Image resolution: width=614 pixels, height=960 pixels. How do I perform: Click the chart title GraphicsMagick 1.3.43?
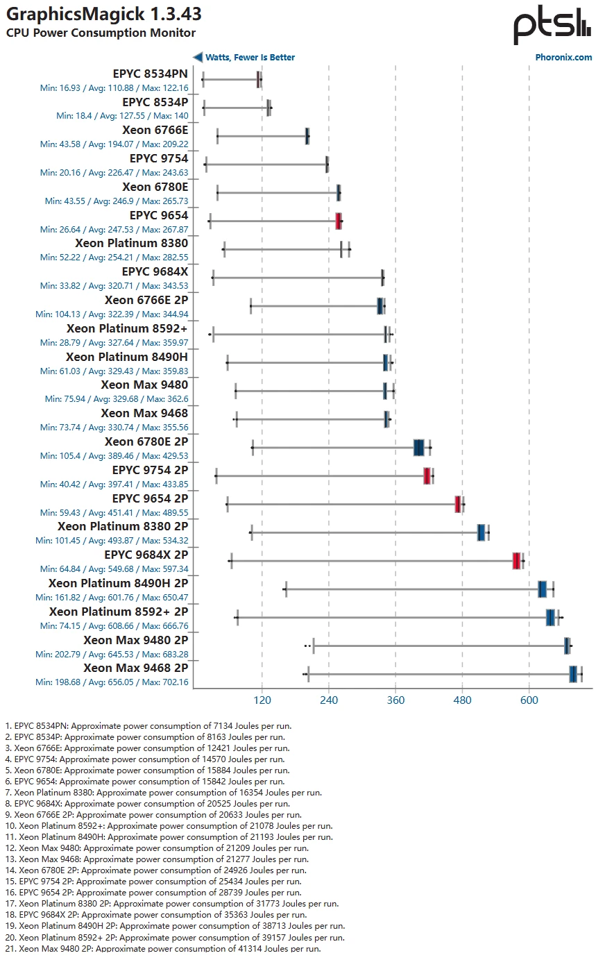(x=104, y=14)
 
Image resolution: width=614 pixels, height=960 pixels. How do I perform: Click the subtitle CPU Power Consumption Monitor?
(x=101, y=33)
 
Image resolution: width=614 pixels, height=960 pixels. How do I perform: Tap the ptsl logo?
(x=552, y=26)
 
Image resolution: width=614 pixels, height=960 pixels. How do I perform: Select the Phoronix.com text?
(x=563, y=58)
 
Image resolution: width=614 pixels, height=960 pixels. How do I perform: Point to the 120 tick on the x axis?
(x=262, y=700)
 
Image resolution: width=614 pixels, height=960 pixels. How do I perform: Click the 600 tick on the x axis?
(x=529, y=700)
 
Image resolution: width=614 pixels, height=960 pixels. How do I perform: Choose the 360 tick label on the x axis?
(x=395, y=700)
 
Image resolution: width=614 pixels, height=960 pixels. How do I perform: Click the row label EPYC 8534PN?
(x=150, y=74)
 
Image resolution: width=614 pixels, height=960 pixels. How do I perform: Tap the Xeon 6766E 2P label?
(x=146, y=301)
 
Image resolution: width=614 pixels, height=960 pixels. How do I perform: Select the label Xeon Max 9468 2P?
(x=136, y=668)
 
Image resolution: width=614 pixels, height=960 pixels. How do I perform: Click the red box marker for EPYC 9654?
(x=339, y=221)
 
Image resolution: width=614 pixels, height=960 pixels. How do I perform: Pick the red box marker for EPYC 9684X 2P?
(x=516, y=561)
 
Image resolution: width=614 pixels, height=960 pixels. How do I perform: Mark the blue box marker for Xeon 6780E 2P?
(x=418, y=448)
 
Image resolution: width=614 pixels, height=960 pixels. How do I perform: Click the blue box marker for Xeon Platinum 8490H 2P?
(x=543, y=589)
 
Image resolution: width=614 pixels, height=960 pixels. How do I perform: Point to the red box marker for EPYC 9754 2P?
(x=427, y=475)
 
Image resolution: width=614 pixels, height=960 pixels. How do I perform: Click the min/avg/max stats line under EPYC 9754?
(x=114, y=173)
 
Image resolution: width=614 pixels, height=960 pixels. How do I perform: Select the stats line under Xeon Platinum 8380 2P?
(x=112, y=541)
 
